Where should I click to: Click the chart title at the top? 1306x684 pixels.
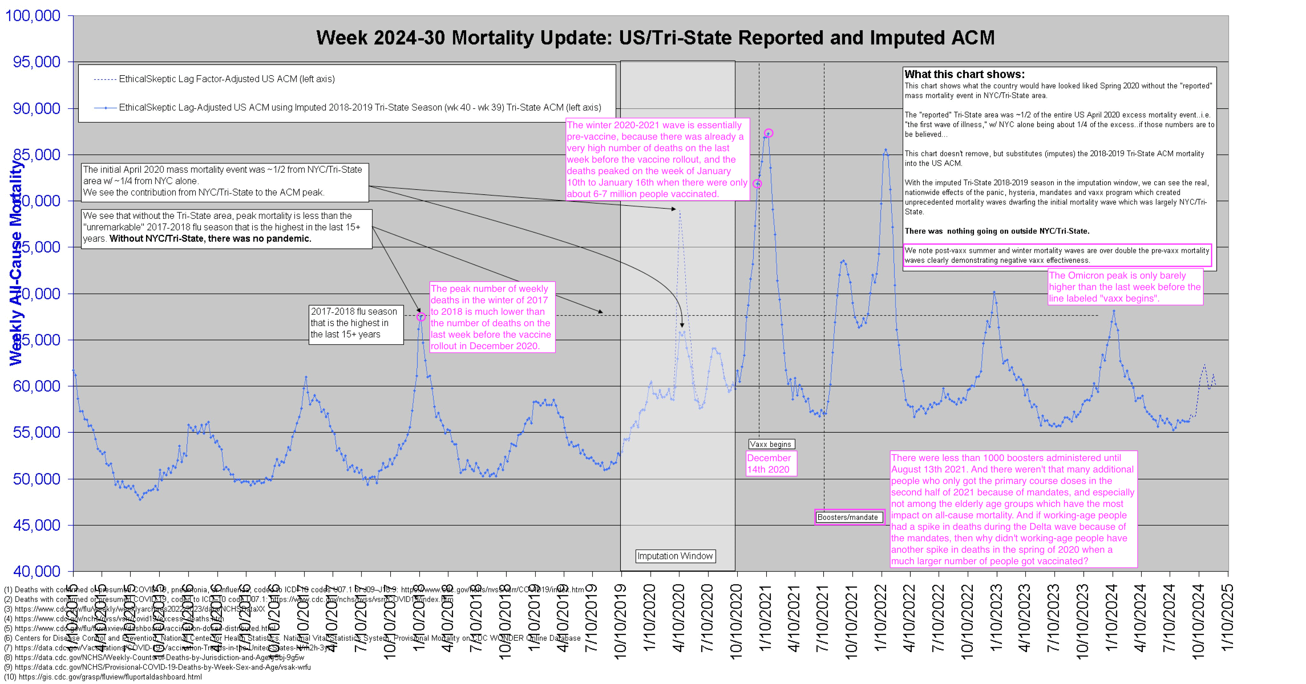655,38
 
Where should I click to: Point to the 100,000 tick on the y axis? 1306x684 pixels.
33,16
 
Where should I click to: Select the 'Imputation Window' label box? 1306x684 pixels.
675,556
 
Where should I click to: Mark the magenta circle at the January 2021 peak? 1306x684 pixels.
769,133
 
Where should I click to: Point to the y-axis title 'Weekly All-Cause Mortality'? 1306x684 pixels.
16,263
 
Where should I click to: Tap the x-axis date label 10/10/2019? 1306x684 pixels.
620,621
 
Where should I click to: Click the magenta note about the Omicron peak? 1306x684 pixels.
1125,287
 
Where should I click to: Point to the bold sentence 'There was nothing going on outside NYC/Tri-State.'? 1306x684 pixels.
997,231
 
